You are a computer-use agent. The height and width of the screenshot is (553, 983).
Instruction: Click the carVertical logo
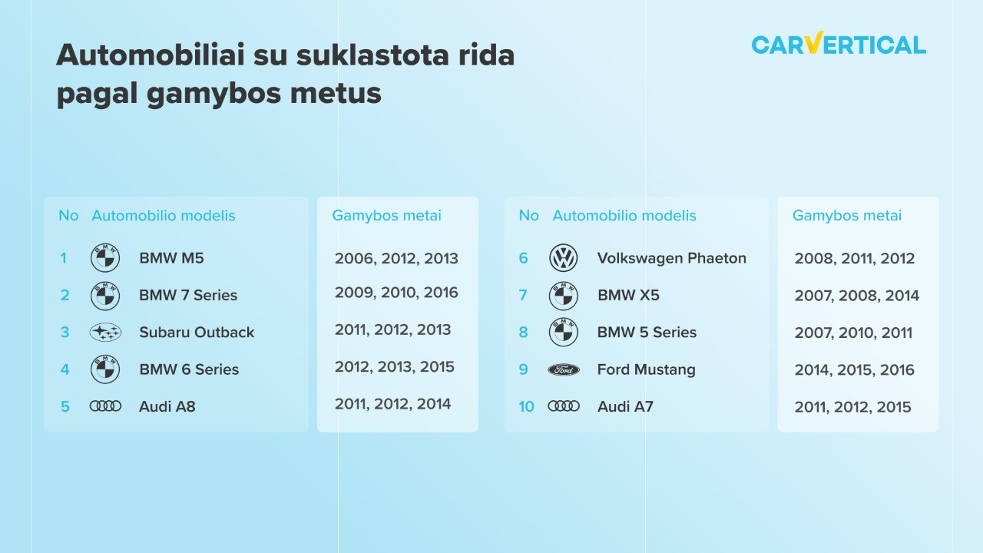point(839,44)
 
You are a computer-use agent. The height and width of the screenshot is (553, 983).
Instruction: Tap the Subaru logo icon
point(105,333)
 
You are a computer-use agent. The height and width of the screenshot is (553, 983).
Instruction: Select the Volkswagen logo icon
point(564,258)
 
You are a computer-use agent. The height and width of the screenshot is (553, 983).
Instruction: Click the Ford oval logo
point(564,370)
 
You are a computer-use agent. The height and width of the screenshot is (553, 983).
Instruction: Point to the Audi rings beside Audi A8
point(105,406)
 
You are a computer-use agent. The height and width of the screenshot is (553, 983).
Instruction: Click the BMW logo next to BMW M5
point(105,258)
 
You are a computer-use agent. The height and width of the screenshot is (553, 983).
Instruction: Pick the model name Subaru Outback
point(197,333)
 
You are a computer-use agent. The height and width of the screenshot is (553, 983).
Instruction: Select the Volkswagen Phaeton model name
point(671,258)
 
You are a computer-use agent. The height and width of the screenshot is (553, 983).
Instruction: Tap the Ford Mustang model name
point(646,370)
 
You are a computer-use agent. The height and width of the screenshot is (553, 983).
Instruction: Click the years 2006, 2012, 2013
point(396,259)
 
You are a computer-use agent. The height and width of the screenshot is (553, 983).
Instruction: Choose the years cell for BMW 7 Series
point(396,293)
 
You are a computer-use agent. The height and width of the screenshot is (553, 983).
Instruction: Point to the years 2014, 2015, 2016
point(854,370)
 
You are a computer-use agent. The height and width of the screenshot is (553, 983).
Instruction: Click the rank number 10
point(526,407)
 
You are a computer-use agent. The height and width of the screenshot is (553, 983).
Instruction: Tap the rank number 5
point(65,407)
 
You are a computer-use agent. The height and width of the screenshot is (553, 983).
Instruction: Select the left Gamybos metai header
point(386,216)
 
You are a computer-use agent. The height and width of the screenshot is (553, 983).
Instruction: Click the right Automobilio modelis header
point(624,216)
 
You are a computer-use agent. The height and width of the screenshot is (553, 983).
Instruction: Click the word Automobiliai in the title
point(150,55)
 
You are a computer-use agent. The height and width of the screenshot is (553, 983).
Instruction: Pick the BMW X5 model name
point(628,296)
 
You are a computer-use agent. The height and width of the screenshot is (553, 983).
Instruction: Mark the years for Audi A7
point(852,407)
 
